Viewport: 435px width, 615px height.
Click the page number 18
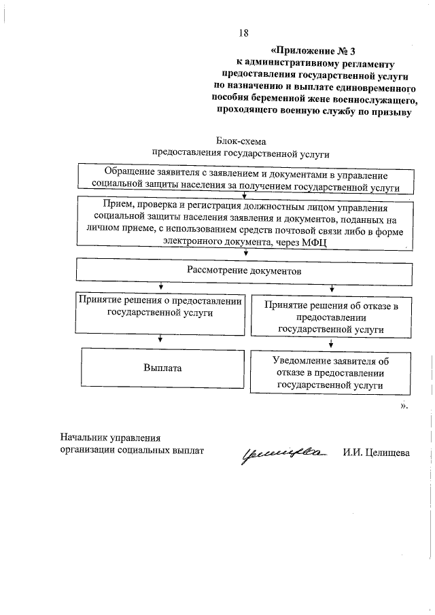244,33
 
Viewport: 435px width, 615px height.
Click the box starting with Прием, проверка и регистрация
245,225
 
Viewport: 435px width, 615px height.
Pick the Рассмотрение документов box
244,271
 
